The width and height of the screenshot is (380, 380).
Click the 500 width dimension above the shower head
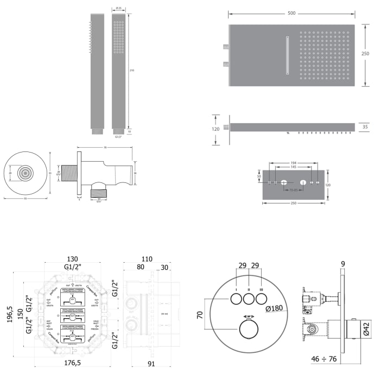point(292,12)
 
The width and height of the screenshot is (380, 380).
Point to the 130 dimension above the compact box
point(73,259)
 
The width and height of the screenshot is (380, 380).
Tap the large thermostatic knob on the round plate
point(249,331)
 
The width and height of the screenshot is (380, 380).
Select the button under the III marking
point(262,299)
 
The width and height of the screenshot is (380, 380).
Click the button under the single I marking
point(236,299)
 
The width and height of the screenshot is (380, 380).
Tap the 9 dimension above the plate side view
point(343,264)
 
